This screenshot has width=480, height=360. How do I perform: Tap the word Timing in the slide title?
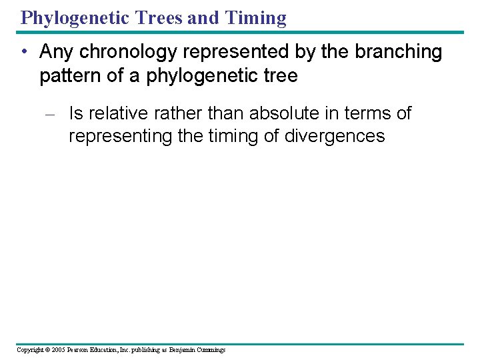pos(256,17)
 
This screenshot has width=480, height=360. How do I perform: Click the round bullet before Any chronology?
pos(24,52)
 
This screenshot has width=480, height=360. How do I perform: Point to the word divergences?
pos(335,136)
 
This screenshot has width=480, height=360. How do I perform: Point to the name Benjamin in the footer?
pos(182,350)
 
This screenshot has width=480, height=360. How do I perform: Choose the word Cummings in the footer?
pos(211,350)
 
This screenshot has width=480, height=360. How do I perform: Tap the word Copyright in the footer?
pos(28,350)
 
